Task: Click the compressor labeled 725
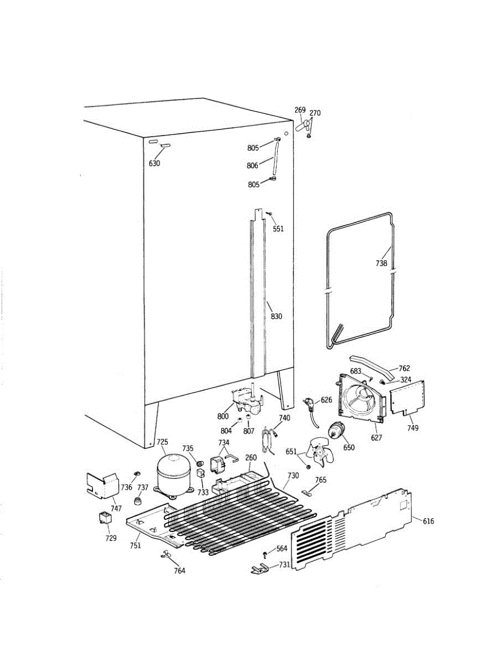coord(173,471)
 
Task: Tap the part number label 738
coord(381,263)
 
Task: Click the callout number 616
coord(428,521)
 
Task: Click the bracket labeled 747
coord(103,484)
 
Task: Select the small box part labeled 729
coord(105,518)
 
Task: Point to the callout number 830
coord(276,317)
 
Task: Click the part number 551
coord(278,229)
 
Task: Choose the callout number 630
coord(154,163)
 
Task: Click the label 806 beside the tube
coord(253,166)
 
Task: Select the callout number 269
coord(300,110)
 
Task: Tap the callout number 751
coord(135,545)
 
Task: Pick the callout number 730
coord(293,475)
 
